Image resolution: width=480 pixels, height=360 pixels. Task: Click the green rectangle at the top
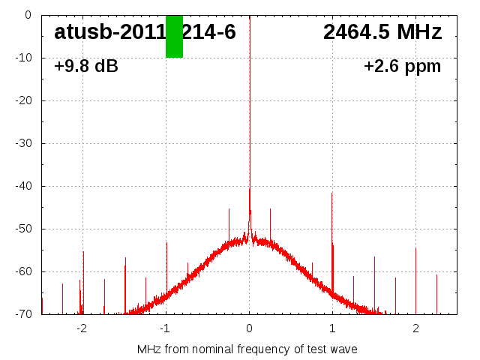tap(174, 36)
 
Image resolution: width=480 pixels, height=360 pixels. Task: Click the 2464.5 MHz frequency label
tap(382, 32)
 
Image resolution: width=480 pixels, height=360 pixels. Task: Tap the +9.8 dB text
tap(86, 66)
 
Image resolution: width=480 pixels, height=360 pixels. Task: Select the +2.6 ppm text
tap(402, 66)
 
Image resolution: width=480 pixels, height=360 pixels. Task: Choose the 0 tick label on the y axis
tap(28, 15)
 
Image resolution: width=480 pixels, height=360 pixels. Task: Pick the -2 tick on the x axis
tap(82, 328)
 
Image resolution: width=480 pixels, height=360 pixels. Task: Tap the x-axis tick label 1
tap(332, 328)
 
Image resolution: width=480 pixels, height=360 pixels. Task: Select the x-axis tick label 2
tap(415, 328)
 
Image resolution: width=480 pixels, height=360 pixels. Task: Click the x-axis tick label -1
tap(165, 328)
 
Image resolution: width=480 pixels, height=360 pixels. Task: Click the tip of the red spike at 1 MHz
tap(331, 193)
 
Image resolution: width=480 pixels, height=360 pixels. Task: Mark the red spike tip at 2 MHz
tap(415, 248)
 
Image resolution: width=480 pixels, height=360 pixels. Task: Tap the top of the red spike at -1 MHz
tap(166, 242)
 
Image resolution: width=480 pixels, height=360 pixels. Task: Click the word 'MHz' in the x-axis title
tap(148, 349)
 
